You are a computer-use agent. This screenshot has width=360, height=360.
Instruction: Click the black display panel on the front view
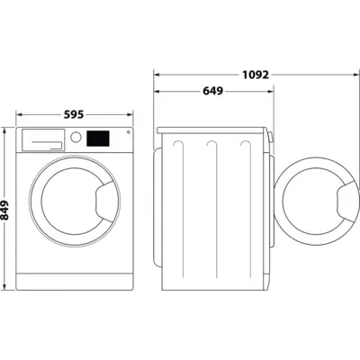[99, 138]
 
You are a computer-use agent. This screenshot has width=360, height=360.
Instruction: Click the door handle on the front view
[104, 197]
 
